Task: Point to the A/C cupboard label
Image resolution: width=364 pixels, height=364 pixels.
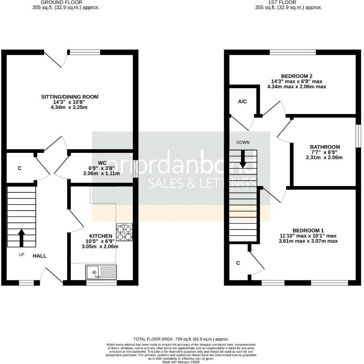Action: point(242,101)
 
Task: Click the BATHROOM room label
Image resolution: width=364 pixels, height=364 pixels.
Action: point(325,147)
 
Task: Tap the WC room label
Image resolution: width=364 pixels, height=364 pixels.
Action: point(102,163)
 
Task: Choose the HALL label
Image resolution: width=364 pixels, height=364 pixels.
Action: point(40,256)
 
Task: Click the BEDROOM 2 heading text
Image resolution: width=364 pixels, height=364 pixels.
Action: point(297,76)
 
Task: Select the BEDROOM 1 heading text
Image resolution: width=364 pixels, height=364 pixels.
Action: point(308,231)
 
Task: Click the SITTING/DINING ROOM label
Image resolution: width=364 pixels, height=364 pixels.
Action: point(70,97)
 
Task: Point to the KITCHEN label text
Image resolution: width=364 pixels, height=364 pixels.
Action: point(101,236)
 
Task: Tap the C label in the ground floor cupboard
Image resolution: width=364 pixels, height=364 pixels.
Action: point(20,168)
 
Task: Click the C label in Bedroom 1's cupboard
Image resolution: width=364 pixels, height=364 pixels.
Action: point(238,263)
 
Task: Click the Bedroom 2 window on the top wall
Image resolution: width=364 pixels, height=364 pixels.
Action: point(292,52)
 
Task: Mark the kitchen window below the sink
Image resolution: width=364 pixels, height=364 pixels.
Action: point(101,283)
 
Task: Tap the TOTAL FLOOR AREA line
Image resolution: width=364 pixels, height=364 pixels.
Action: point(181,339)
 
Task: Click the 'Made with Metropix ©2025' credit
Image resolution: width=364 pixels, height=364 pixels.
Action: point(181,362)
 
